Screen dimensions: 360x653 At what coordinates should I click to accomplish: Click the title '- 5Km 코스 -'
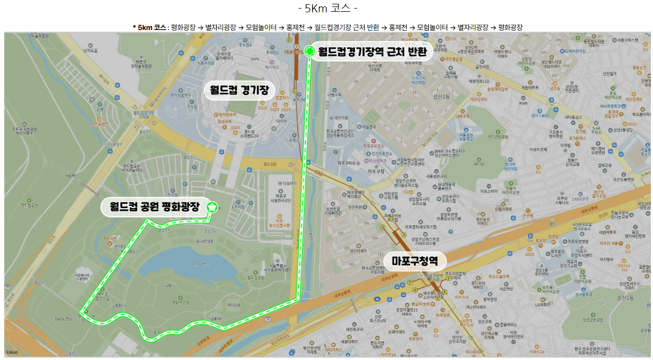326,9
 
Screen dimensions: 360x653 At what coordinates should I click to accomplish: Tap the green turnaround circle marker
310,52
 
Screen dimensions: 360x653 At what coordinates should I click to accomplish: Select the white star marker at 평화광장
212,206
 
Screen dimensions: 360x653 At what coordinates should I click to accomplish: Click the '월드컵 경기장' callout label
239,89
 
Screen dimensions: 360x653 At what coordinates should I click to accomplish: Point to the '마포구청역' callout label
414,261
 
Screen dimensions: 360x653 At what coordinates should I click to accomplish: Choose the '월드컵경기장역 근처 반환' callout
372,52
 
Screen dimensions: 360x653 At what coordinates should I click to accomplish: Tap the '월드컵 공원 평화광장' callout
154,207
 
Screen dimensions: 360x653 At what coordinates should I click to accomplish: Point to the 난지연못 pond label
201,263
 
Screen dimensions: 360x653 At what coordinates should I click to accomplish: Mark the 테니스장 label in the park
234,305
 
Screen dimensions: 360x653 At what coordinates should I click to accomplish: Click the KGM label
523,104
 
